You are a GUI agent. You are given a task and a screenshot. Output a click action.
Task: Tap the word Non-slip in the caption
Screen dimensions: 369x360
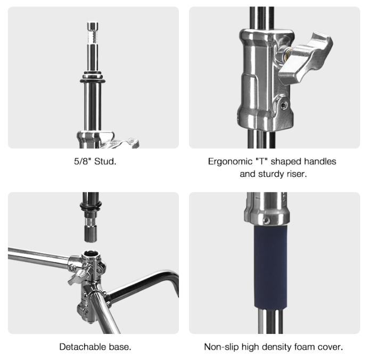click(x=221, y=347)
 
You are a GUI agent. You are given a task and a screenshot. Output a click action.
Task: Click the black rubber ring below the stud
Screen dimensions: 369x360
click(x=93, y=81)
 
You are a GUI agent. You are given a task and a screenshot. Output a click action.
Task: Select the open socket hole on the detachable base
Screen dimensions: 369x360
click(x=91, y=254)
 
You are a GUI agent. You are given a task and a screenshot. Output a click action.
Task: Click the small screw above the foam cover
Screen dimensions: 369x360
click(x=266, y=220)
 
